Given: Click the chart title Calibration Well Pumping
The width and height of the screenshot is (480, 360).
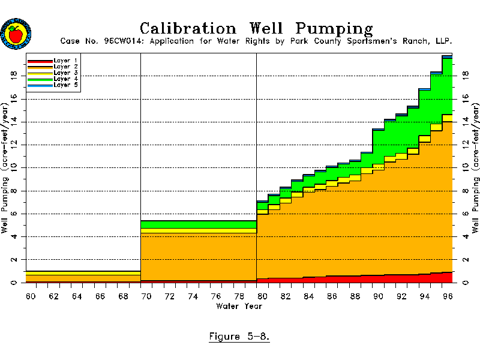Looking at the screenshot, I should pos(256,28).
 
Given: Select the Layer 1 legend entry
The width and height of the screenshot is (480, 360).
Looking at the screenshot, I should pos(53,61).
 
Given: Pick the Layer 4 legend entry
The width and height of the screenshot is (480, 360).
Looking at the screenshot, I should pos(53,79).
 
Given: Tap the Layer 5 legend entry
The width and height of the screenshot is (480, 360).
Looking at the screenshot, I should pos(53,85).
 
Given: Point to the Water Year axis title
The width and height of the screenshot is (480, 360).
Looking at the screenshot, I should pos(239,306).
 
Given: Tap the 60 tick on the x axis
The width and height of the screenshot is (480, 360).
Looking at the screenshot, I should pos(31,297).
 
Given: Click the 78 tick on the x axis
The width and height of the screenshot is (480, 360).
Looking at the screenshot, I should pos(239,297).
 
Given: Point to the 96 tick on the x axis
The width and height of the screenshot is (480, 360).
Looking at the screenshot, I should pos(447,297).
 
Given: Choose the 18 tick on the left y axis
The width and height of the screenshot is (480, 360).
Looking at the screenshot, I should pos(13,76).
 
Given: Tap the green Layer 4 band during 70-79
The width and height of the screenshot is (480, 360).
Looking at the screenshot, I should pos(198,224).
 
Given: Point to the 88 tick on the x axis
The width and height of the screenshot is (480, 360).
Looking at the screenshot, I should pos(355,297).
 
